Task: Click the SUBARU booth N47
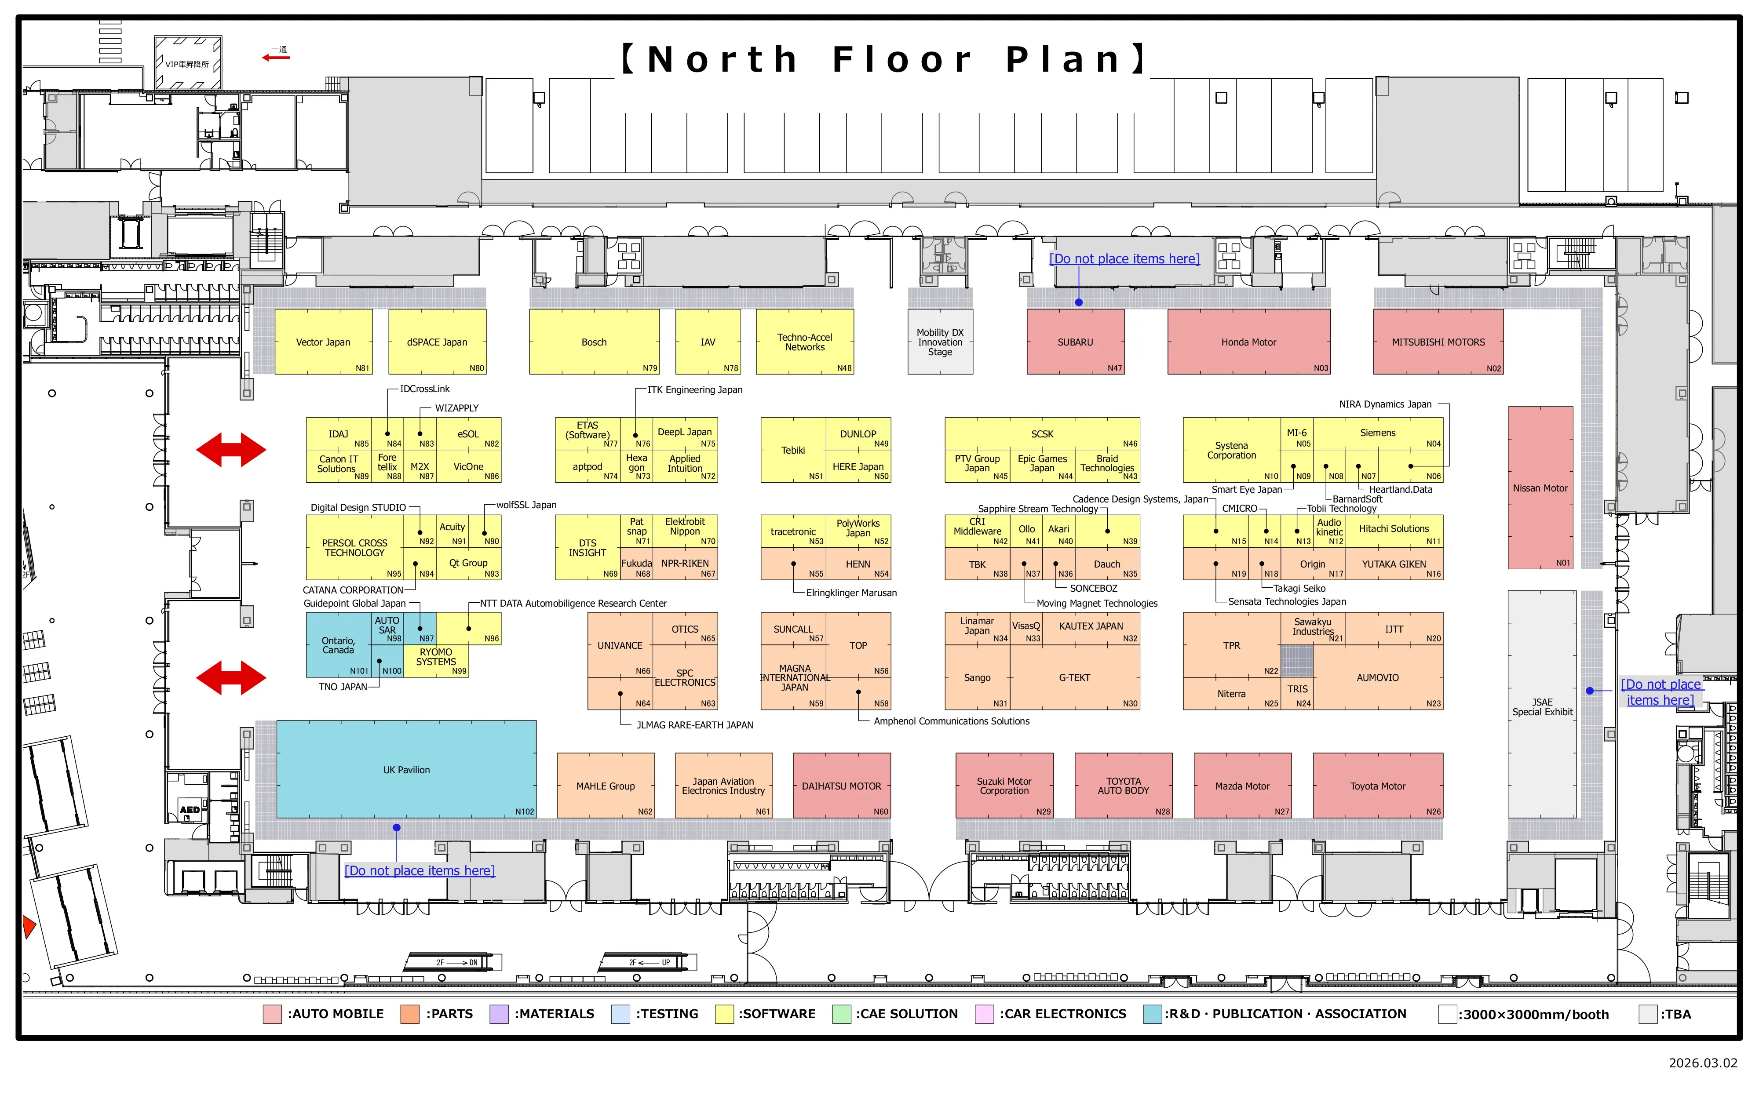(x=1075, y=342)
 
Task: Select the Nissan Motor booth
(x=1540, y=488)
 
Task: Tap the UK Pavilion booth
(x=406, y=770)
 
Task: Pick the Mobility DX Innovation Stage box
(x=940, y=342)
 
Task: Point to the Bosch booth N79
(x=594, y=342)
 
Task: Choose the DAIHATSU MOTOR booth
(x=841, y=786)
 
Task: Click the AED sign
(x=190, y=810)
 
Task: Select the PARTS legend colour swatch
(x=410, y=1014)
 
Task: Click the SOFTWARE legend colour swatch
(x=724, y=1014)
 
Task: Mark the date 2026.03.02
(x=1702, y=1063)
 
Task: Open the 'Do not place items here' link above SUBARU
(x=1124, y=259)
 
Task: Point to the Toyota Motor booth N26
(x=1377, y=786)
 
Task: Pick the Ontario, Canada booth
(x=339, y=645)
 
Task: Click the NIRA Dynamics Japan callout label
(x=1385, y=404)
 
